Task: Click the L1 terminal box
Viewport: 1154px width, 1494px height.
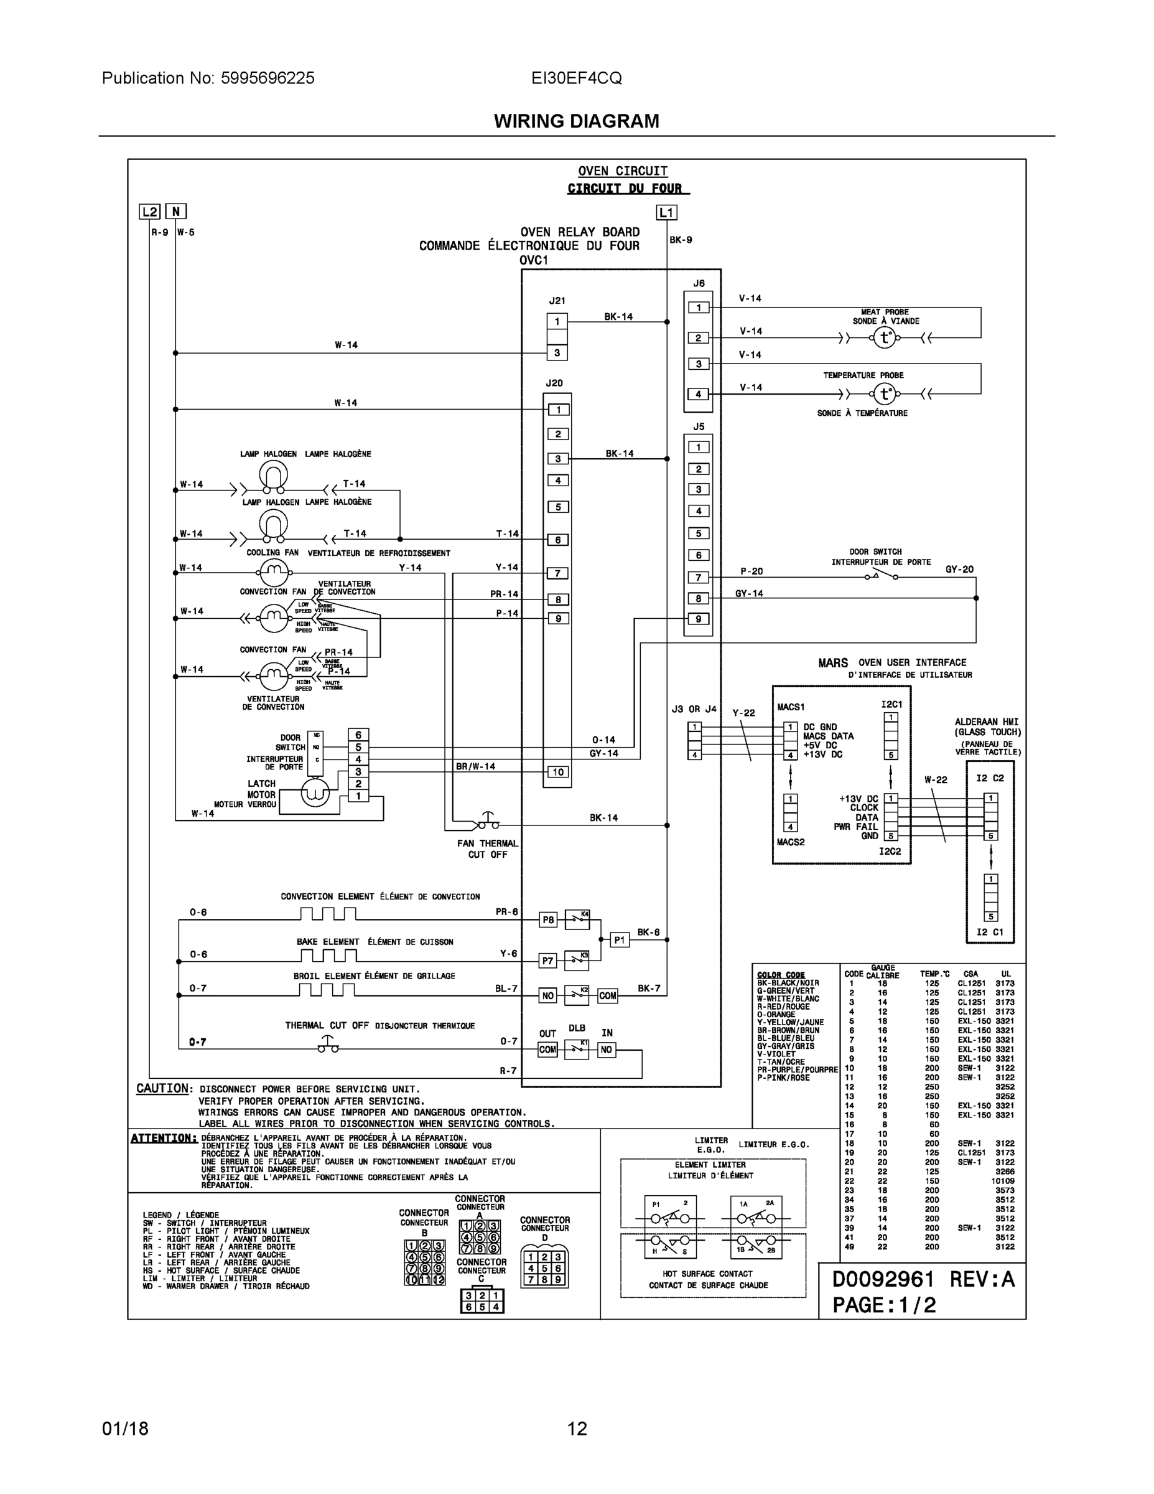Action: click(x=666, y=213)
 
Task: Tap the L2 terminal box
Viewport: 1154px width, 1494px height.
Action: click(x=150, y=212)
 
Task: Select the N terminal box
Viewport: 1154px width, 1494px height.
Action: click(x=175, y=212)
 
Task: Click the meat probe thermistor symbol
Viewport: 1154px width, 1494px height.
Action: click(x=885, y=338)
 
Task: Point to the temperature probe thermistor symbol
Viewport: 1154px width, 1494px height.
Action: click(x=885, y=394)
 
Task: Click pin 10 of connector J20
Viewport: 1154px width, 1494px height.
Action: click(x=558, y=773)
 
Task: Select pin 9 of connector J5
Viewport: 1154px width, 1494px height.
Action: click(x=698, y=619)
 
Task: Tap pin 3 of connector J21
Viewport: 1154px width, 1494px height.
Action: click(x=557, y=353)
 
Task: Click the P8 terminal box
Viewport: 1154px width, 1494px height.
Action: click(x=548, y=920)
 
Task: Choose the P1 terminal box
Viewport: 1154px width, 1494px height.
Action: click(x=620, y=940)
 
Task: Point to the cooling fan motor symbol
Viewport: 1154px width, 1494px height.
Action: click(x=274, y=569)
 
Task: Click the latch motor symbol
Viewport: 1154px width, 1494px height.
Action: click(x=315, y=793)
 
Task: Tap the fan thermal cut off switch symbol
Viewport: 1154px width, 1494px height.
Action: click(x=488, y=822)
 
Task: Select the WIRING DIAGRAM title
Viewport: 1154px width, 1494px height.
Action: click(x=576, y=121)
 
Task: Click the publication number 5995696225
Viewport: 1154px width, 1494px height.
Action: click(x=268, y=78)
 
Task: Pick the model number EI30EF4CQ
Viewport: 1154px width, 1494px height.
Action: click(x=576, y=78)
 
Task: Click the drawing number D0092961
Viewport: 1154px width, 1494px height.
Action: click(x=883, y=1279)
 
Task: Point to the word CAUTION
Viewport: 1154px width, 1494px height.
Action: click(x=162, y=1088)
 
